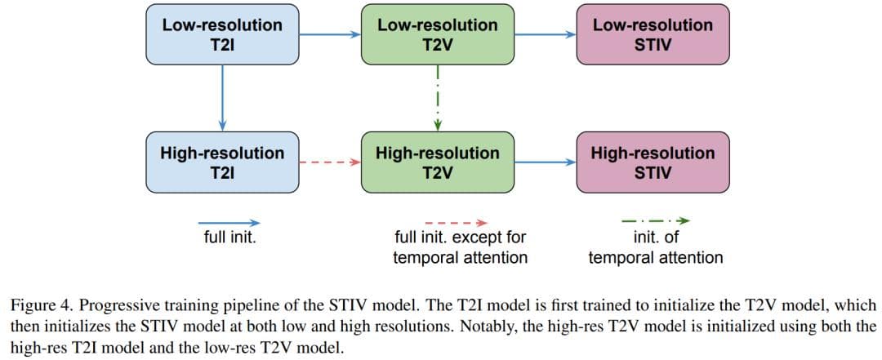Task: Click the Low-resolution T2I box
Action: [x=222, y=35]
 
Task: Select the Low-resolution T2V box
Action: [x=438, y=35]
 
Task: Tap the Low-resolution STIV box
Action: [x=653, y=35]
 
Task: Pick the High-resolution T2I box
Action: [x=222, y=162]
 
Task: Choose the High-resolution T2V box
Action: [x=438, y=162]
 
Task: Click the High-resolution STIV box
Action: [x=653, y=162]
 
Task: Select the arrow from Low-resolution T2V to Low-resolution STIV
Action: [x=546, y=35]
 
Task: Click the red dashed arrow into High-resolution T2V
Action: [x=330, y=162]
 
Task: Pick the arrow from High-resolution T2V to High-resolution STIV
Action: [x=546, y=162]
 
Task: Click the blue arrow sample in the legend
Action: [x=229, y=222]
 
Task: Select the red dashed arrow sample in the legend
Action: [x=457, y=222]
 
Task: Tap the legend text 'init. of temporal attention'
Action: [x=656, y=247]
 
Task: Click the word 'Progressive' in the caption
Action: [x=106, y=306]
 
